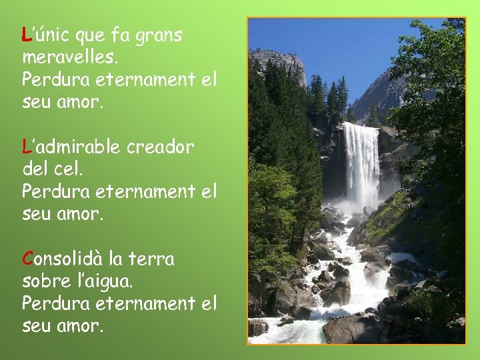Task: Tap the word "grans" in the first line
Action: (x=159, y=35)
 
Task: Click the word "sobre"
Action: (x=44, y=281)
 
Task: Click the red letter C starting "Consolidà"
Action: (x=27, y=258)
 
